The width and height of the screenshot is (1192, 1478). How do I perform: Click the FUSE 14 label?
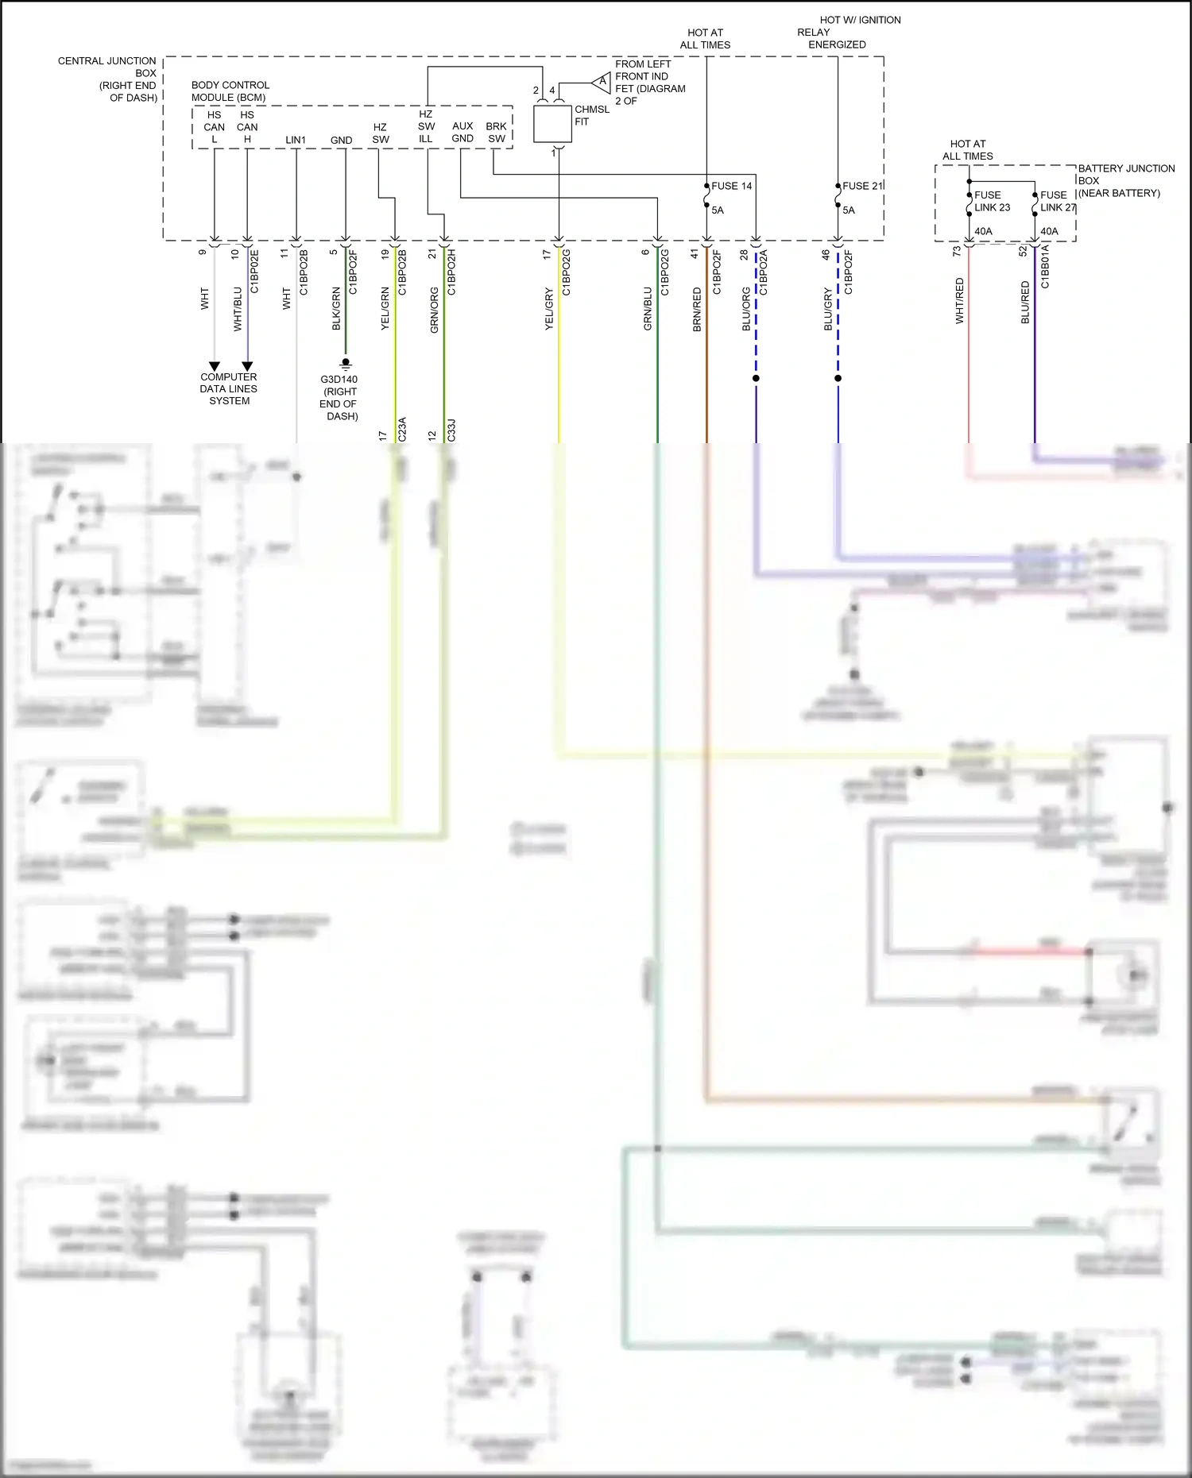point(731,186)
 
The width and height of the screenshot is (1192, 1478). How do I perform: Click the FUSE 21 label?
point(862,186)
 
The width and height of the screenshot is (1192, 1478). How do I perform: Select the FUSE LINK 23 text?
point(992,201)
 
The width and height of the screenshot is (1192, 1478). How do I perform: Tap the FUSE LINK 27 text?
point(1058,201)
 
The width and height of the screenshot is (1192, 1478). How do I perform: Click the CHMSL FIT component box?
point(552,124)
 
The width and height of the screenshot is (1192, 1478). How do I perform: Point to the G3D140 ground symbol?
point(346,364)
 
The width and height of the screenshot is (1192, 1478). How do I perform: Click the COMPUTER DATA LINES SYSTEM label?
point(229,388)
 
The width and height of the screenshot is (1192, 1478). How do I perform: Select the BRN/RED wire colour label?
point(697,310)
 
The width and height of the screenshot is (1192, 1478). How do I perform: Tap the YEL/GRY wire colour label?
point(548,310)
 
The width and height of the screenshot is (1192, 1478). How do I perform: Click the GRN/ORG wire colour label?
point(434,310)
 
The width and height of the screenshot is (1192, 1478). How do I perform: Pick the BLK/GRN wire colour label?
point(336,309)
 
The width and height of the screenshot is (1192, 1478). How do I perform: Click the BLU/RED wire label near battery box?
point(1025,302)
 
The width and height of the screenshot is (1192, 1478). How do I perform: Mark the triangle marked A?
point(602,81)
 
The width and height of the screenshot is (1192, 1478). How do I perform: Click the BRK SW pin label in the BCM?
point(497,132)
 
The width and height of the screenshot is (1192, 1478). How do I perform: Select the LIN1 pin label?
point(296,140)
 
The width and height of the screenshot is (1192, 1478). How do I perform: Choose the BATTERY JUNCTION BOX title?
point(1125,180)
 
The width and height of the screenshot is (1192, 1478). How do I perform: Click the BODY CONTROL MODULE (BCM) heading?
point(230,91)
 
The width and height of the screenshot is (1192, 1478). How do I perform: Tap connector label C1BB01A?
point(1045,267)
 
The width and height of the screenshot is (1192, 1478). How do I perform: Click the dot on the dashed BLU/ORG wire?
point(756,378)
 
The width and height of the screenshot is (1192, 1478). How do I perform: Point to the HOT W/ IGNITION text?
point(860,20)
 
